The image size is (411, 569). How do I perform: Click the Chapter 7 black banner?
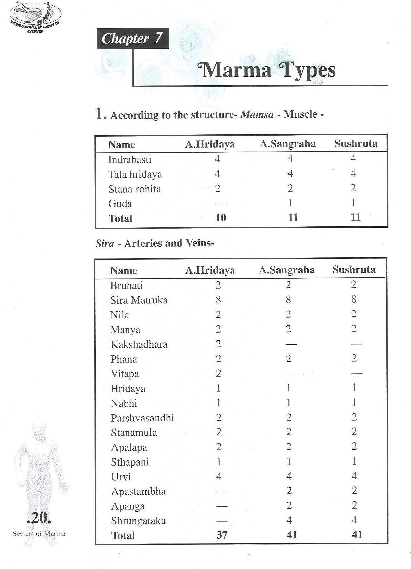pos(132,39)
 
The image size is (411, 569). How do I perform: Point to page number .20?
pos(39,518)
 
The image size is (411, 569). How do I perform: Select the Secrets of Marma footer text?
pos(39,534)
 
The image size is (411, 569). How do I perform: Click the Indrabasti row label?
pos(129,159)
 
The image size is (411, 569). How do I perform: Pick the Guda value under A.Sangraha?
pos(290,203)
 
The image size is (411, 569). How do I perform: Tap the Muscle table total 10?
pos(221,218)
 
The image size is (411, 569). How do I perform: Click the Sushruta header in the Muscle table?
pos(356,143)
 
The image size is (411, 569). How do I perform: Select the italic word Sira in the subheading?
pos(104,244)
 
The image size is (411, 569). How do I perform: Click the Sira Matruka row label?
pos(139,300)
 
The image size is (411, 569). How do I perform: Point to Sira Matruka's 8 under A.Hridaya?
pos(218,300)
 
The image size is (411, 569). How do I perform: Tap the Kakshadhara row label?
pos(139,344)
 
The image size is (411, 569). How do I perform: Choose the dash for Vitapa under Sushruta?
pos(356,373)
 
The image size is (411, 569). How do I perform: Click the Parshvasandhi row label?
pos(142,418)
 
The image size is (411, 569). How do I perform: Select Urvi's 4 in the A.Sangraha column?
pos(289,476)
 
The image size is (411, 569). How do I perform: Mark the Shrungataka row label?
pos(138,521)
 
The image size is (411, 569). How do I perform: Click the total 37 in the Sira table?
pos(222,535)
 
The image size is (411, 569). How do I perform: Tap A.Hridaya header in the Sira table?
pos(210,270)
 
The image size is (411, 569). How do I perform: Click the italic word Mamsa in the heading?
pos(257,115)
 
